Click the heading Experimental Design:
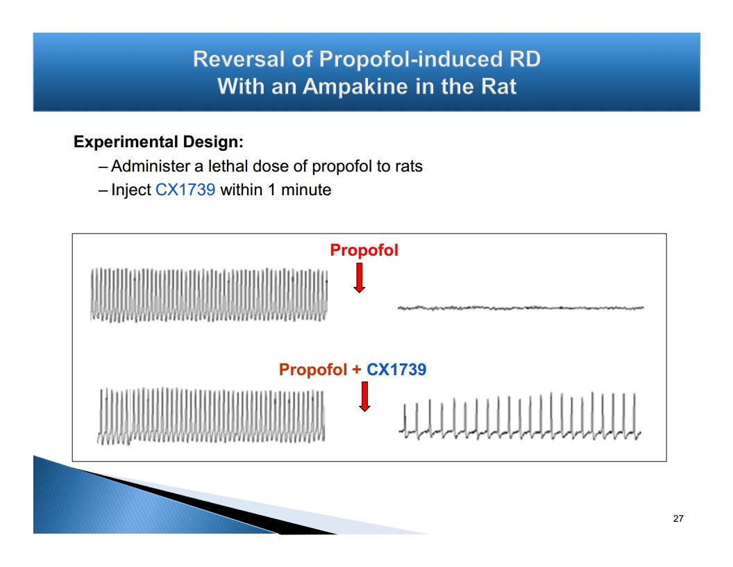158,142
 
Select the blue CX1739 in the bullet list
185,190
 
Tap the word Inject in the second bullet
131,190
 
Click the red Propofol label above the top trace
364,250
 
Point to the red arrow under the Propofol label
360,278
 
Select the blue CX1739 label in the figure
396,370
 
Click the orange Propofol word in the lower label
313,370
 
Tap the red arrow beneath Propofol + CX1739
364,397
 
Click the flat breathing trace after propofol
521,308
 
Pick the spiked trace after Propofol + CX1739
520,416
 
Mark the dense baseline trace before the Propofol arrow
209,295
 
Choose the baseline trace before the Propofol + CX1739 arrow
211,416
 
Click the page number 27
678,519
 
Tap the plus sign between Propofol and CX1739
357,370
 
